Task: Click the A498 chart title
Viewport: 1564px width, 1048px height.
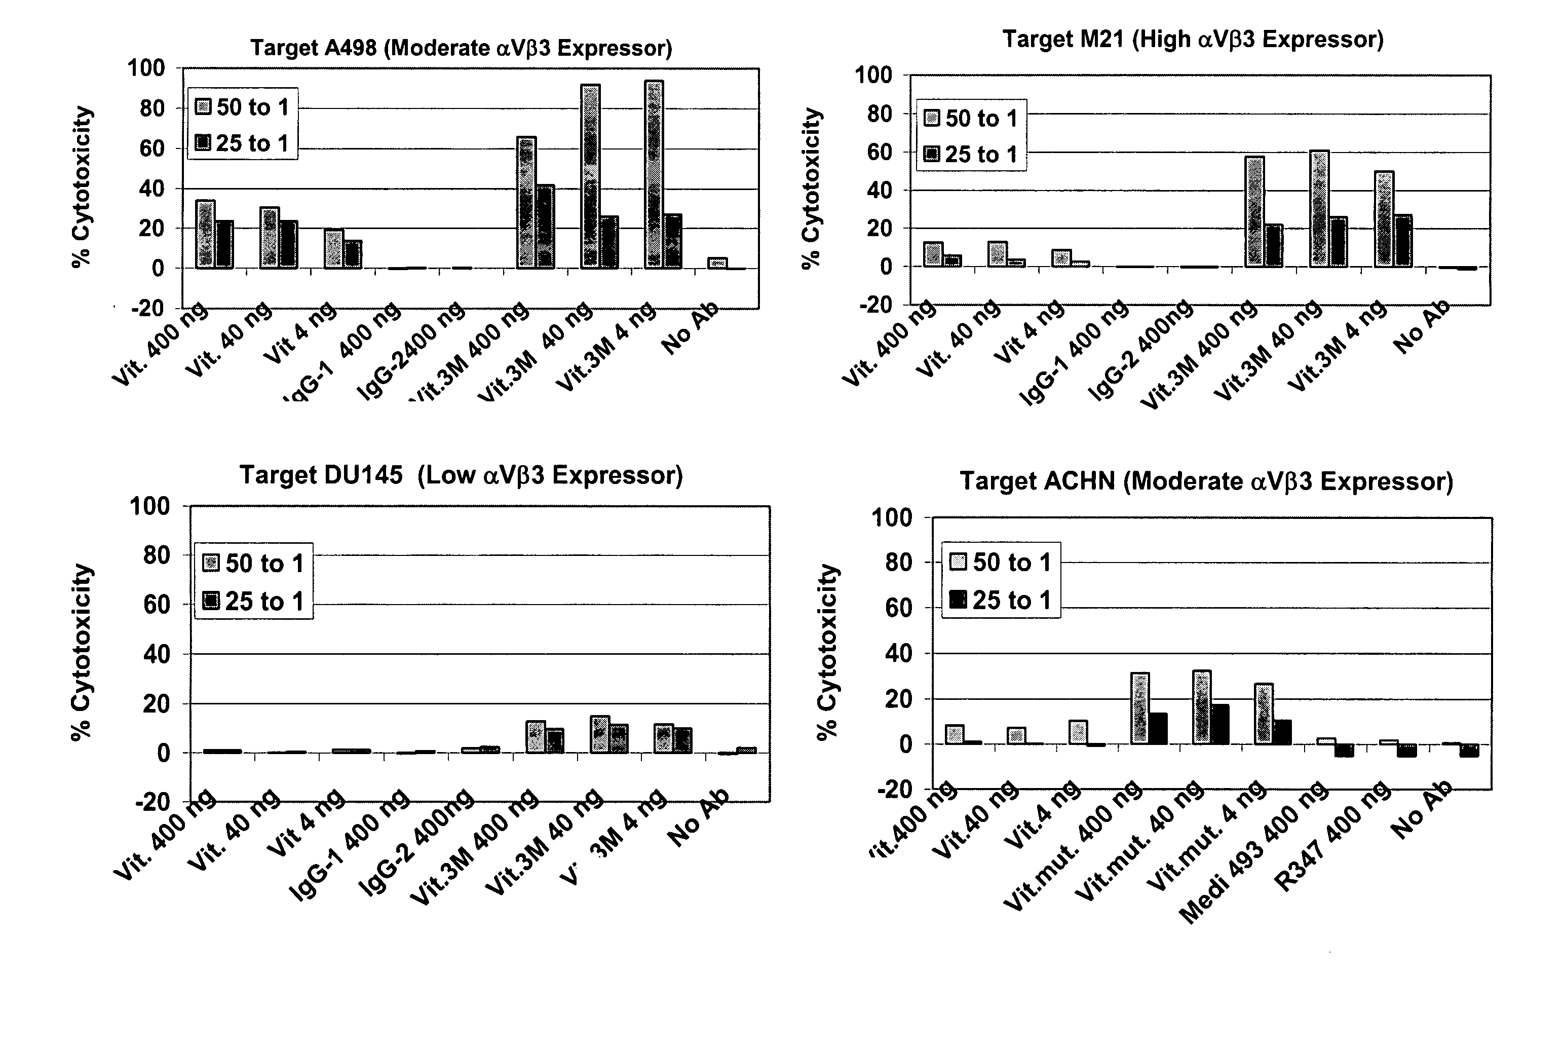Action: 461,48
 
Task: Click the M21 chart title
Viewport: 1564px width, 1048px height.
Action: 1193,40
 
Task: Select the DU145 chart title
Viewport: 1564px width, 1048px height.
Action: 461,475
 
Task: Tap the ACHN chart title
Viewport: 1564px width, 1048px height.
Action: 1206,481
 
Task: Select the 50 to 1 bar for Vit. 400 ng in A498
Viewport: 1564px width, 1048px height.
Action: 205,235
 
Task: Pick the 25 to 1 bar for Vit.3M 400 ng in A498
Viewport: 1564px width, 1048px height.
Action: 545,227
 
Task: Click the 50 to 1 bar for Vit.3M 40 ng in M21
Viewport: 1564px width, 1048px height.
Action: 1319,209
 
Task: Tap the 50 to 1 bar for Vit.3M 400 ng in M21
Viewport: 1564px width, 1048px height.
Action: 1254,212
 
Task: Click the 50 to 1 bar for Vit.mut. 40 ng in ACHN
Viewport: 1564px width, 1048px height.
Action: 1201,707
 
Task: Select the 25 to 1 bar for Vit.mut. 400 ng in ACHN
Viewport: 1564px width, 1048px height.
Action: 1158,729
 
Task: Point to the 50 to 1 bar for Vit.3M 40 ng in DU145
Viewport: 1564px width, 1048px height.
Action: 599,734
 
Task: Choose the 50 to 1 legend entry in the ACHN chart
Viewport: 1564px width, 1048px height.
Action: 1001,562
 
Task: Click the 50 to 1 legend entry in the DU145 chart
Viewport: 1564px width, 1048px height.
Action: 254,564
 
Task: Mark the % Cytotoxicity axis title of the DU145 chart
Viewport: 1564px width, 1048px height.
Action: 82,652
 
